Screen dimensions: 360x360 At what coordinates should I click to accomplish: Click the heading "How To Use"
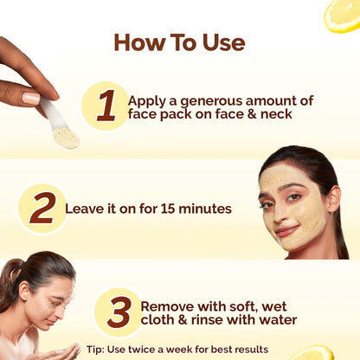tap(179, 42)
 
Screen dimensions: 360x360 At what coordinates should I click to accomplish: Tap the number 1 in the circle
tap(106, 106)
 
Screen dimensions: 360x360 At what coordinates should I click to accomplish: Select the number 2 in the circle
tap(42, 208)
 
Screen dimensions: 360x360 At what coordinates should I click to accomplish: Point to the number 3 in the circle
tap(118, 312)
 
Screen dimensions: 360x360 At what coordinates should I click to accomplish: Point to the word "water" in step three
tap(277, 320)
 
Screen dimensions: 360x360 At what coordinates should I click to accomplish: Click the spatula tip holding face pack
tap(65, 137)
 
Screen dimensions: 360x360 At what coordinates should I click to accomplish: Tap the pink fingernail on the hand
tap(32, 99)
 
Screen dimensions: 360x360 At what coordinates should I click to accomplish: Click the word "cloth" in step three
tap(160, 320)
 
